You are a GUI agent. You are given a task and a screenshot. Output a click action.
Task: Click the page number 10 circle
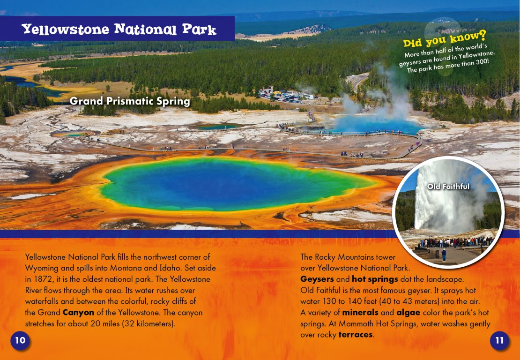click(20, 340)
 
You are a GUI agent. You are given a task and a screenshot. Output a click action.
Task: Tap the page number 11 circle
click(499, 340)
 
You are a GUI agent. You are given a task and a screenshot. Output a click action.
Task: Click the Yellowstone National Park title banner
click(118, 29)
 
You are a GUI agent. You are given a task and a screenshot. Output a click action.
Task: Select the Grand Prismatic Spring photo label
click(130, 101)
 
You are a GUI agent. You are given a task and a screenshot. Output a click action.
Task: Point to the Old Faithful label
click(448, 187)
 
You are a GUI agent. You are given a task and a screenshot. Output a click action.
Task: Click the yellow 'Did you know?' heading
click(445, 38)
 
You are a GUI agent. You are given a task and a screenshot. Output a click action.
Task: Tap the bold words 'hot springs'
click(375, 279)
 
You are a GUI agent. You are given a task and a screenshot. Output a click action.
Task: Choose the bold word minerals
click(360, 313)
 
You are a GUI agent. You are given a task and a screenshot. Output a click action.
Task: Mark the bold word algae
click(408, 313)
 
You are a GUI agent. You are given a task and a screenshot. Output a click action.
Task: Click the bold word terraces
click(356, 335)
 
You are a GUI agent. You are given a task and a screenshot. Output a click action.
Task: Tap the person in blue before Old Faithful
click(444, 255)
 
